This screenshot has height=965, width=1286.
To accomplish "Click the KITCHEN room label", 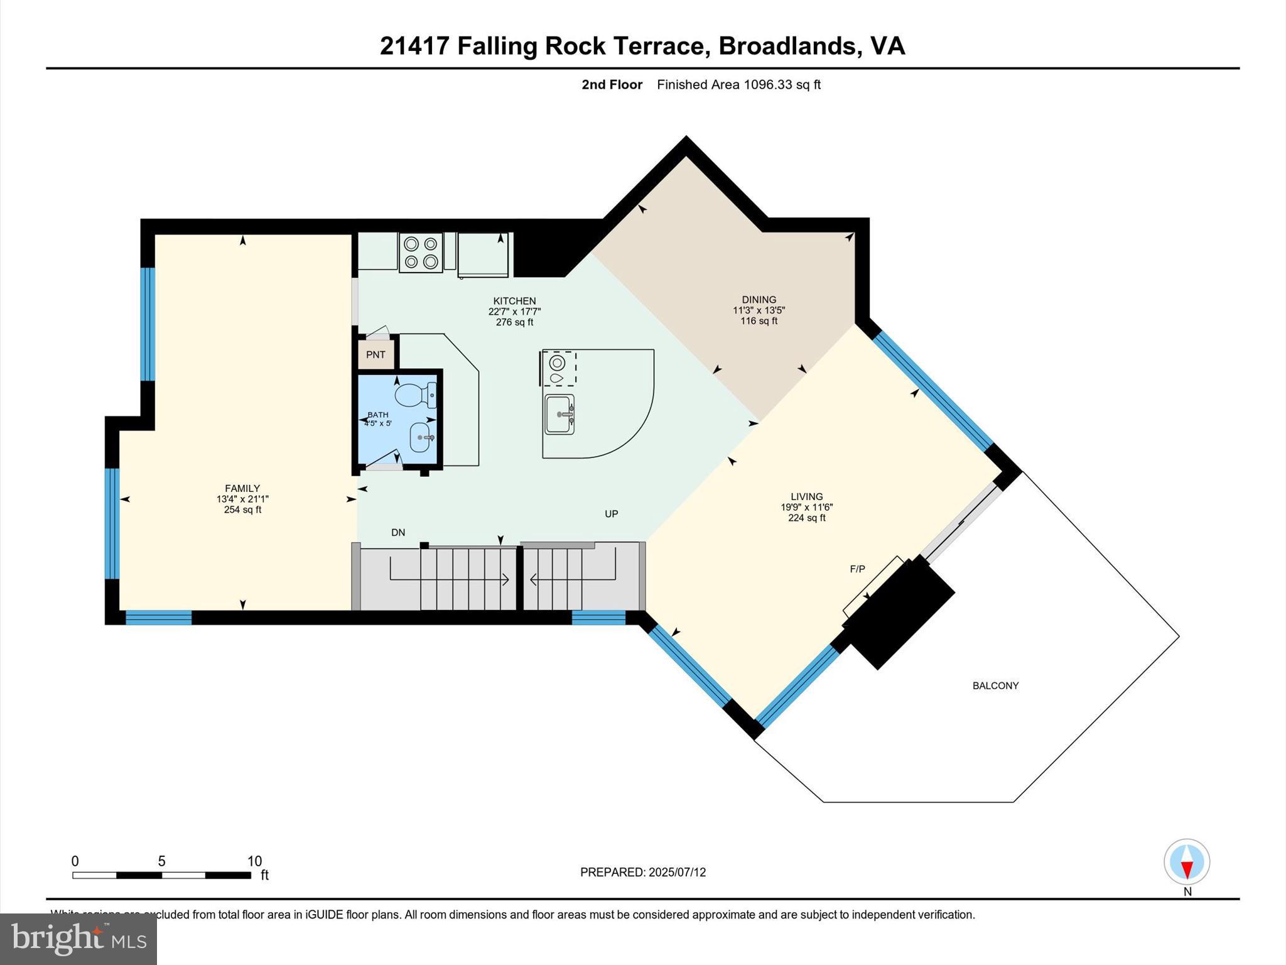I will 514,301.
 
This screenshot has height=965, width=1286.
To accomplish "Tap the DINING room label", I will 759,300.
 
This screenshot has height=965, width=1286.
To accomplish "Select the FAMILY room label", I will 242,488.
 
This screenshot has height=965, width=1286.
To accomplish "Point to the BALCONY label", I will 995,685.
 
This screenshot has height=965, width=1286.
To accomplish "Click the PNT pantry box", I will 376,354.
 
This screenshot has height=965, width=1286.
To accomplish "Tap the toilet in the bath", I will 414,395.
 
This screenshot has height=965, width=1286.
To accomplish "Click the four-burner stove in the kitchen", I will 421,253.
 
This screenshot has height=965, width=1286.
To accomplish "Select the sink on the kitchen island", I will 559,414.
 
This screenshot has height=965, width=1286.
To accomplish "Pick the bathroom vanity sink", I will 421,437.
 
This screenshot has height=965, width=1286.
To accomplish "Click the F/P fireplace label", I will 857,569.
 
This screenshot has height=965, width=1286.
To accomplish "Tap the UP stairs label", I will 611,513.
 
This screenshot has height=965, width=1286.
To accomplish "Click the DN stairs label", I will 398,532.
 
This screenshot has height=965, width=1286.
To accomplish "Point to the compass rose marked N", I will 1186,862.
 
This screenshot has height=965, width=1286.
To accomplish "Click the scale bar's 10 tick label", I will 254,861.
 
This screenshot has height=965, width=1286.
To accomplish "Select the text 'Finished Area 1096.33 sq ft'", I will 738,85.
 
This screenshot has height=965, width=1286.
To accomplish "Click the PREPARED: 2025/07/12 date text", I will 643,872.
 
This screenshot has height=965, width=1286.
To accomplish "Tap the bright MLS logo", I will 78,939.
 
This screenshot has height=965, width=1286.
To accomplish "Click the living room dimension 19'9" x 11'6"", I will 806,507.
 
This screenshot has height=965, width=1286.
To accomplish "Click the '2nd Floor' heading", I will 612,85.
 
